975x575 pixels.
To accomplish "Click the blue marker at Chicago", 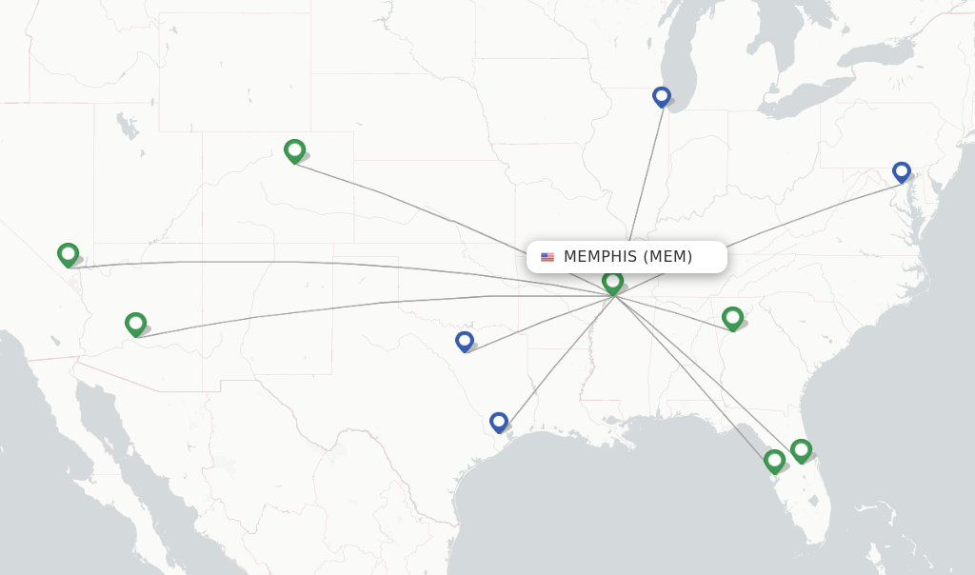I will [662, 96].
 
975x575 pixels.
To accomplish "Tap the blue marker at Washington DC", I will [902, 171].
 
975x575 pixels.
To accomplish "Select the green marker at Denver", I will [294, 149].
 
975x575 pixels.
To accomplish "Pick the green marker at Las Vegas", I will [68, 253].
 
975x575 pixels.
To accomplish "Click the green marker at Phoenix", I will [136, 324].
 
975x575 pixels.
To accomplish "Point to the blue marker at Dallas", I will [465, 340].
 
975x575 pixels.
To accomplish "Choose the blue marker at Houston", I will [499, 421].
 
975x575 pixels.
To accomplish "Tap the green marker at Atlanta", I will [732, 317].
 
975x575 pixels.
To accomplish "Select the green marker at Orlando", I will [801, 449].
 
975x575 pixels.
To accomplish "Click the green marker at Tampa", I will [775, 461].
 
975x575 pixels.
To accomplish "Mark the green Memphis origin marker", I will [613, 281].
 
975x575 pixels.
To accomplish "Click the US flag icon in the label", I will [547, 257].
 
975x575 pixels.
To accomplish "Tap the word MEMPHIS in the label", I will [600, 257].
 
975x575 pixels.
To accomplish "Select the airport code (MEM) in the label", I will [667, 257].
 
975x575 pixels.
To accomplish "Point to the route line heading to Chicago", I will [646, 171].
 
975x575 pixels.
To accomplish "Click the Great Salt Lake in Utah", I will [123, 123].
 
